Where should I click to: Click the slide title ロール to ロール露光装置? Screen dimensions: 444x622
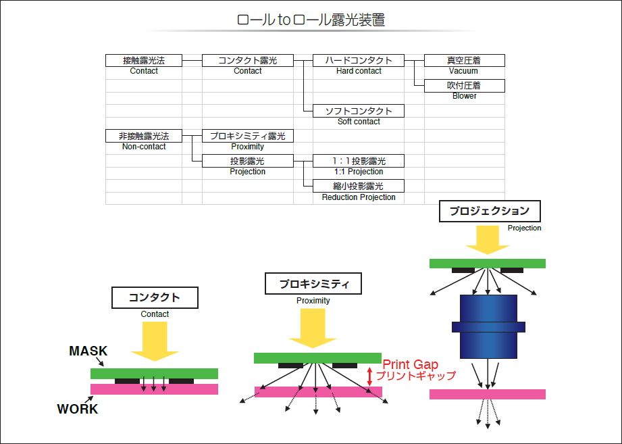pyautogui.click(x=311, y=20)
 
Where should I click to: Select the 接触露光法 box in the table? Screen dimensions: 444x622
pyautogui.click(x=144, y=60)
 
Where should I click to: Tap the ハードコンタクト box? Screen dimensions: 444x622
pyautogui.click(x=358, y=60)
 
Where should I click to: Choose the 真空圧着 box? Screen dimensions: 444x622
pyautogui.click(x=463, y=60)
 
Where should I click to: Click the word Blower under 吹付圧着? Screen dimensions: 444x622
pyautogui.click(x=464, y=96)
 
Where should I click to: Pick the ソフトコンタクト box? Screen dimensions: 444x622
pyautogui.click(x=358, y=111)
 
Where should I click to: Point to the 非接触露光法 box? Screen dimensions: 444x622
pyautogui.click(x=144, y=136)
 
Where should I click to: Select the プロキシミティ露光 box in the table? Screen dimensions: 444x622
pyautogui.click(x=247, y=136)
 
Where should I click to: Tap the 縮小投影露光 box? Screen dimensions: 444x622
pyautogui.click(x=358, y=186)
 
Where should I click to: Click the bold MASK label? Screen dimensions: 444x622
pyautogui.click(x=88, y=351)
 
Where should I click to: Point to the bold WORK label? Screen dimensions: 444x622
pyautogui.click(x=77, y=409)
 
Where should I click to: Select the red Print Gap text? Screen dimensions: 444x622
pyautogui.click(x=410, y=365)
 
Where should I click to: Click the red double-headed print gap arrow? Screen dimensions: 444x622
pyautogui.click(x=369, y=376)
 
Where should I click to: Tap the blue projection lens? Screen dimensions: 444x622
pyautogui.click(x=488, y=326)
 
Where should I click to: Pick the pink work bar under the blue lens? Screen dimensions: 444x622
pyautogui.click(x=487, y=393)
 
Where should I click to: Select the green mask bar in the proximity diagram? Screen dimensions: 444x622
pyautogui.click(x=317, y=357)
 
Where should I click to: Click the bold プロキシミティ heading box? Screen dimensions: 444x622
pyautogui.click(x=313, y=284)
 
